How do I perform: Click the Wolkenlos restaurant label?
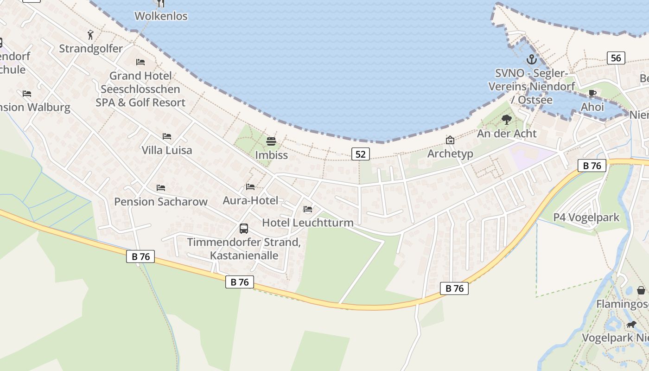pos(161,16)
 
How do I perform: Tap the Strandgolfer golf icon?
pos(90,35)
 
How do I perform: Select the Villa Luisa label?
pos(166,150)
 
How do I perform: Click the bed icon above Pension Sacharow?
pos(161,188)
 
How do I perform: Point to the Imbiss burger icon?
pos(271,141)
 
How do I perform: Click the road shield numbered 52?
pos(360,154)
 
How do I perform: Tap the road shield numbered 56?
pos(616,58)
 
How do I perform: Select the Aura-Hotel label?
pos(250,200)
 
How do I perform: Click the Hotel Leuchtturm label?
pos(308,223)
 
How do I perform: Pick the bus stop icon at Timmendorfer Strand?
pos(244,228)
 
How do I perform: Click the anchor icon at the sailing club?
pos(531,59)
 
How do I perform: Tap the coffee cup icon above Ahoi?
pos(592,94)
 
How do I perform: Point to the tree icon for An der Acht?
pos(507,120)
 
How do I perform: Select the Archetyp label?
pos(450,154)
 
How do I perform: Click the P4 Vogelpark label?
pos(586,217)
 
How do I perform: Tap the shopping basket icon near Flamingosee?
pos(641,290)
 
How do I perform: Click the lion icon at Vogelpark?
pos(631,324)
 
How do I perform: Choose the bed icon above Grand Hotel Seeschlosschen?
pos(140,62)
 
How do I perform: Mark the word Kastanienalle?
pos(244,256)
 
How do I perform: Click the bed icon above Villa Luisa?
pos(167,136)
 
